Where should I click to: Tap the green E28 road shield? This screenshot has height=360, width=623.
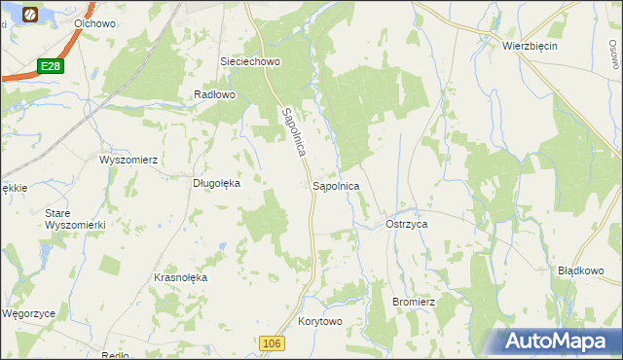(52, 66)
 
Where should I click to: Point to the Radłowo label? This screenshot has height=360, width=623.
(215, 94)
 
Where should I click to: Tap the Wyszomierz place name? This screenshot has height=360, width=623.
(128, 159)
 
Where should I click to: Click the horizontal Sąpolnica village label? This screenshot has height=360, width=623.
(336, 185)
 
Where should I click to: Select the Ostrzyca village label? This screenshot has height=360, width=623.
(407, 224)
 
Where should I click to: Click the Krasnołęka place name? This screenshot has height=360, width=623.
(181, 277)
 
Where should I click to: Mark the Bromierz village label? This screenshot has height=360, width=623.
(413, 302)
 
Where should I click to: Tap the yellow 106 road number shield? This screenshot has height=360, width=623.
(273, 343)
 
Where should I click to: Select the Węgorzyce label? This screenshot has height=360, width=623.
(28, 314)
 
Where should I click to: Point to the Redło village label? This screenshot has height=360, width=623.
(115, 355)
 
